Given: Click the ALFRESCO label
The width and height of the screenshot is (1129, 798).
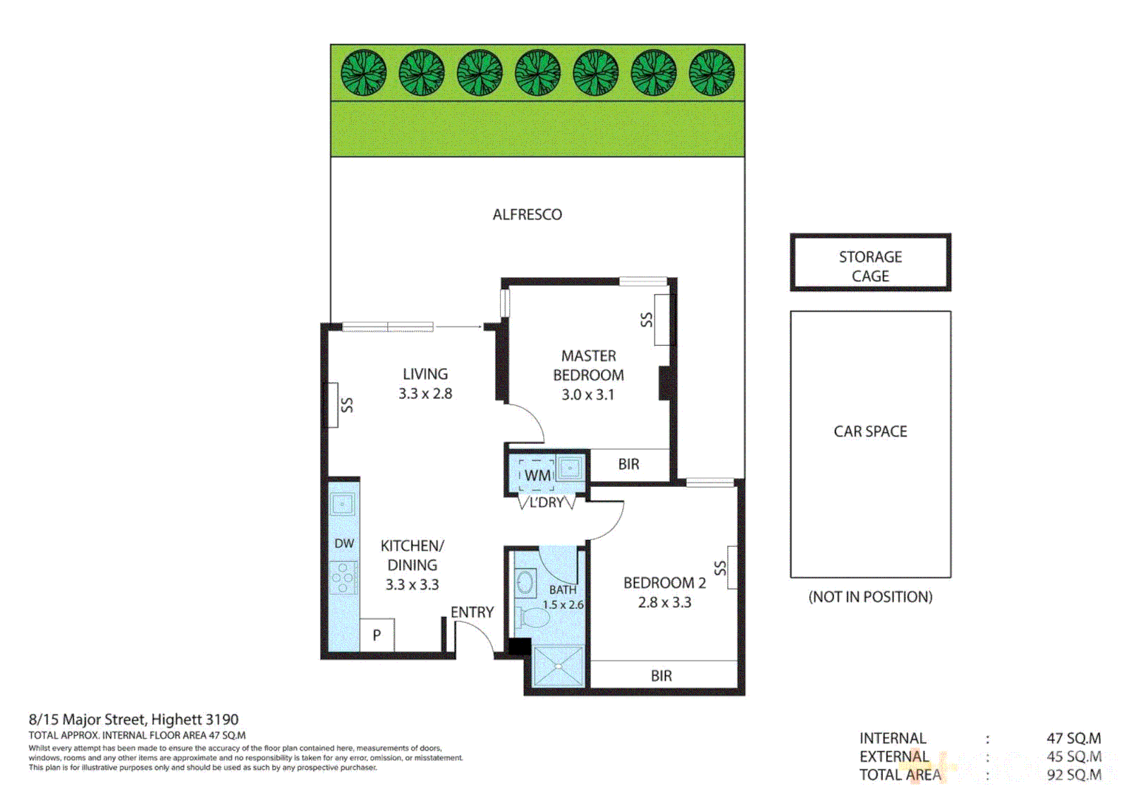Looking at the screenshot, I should pyautogui.click(x=527, y=214).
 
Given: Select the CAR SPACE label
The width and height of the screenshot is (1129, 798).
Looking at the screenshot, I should pyautogui.click(x=870, y=432).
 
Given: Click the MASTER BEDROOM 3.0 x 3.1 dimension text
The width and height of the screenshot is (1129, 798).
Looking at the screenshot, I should pyautogui.click(x=587, y=395).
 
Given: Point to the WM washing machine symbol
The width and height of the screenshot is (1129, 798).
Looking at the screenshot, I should pyautogui.click(x=537, y=474).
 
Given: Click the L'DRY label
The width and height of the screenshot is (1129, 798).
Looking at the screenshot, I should pyautogui.click(x=547, y=502).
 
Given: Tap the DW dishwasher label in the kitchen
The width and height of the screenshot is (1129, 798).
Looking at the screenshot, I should pyautogui.click(x=344, y=543).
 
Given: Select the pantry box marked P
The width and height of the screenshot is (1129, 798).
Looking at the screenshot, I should pyautogui.click(x=377, y=635).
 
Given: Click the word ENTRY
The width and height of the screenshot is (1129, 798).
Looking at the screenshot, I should pyautogui.click(x=471, y=612).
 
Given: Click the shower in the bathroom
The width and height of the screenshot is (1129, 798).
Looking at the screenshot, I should pyautogui.click(x=558, y=666).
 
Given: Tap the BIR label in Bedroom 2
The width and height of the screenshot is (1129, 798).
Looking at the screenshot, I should pyautogui.click(x=661, y=675).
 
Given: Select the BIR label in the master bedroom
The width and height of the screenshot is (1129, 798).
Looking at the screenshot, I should pyautogui.click(x=629, y=464).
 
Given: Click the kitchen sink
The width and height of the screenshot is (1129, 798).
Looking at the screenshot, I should pyautogui.click(x=343, y=504).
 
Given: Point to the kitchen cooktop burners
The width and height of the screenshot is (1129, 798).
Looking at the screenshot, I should pyautogui.click(x=344, y=578).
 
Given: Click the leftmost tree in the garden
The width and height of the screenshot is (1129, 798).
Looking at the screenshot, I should pyautogui.click(x=364, y=72).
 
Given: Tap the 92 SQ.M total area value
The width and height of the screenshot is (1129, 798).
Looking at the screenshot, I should pyautogui.click(x=1074, y=775).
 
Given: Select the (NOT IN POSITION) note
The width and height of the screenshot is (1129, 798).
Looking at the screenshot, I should pyautogui.click(x=870, y=597).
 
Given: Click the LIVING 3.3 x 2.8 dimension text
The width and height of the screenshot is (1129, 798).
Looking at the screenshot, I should pyautogui.click(x=425, y=394).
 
